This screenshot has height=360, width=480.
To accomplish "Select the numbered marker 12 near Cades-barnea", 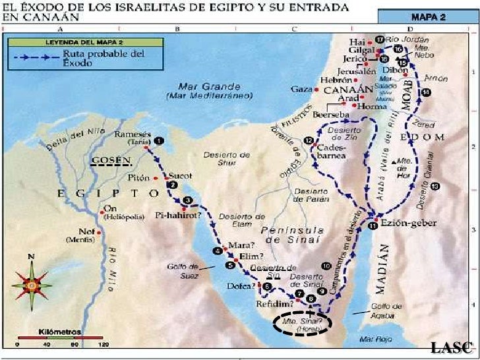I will tap(309, 140).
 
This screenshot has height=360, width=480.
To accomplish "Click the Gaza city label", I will tap(300, 88).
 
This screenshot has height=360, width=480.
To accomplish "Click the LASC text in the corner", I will tap(451, 347).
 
